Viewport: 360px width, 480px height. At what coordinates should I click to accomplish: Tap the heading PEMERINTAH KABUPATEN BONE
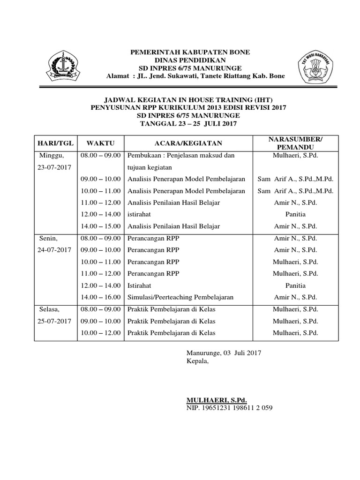click(190, 52)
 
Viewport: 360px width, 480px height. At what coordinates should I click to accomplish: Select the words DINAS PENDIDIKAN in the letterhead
click(190, 60)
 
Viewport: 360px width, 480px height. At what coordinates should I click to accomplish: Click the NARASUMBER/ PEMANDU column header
click(295, 143)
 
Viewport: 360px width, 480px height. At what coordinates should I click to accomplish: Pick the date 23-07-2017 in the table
click(54, 167)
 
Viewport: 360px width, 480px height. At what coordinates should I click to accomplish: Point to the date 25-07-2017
click(54, 321)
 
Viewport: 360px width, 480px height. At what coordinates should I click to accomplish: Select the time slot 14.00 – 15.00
click(101, 226)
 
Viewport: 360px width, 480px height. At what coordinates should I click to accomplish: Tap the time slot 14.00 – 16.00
click(101, 297)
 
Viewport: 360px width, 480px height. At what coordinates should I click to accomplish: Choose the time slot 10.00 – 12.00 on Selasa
click(101, 333)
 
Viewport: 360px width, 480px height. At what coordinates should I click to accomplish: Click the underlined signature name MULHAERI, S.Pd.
click(216, 400)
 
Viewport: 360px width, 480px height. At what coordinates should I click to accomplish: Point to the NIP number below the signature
click(229, 408)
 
